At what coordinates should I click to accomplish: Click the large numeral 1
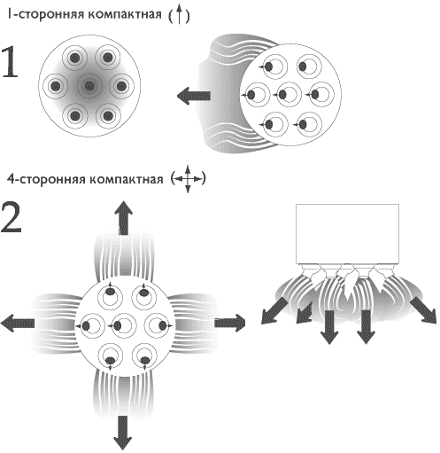click(10, 62)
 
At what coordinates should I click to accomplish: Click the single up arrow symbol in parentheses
click(179, 15)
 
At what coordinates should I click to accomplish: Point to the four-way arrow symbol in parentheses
click(188, 179)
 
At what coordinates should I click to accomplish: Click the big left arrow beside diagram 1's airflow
click(194, 96)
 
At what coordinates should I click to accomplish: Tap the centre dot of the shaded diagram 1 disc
click(89, 86)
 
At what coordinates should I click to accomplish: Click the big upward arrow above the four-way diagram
click(124, 218)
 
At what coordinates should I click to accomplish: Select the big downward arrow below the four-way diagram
click(122, 433)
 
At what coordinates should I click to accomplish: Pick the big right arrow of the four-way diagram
click(230, 323)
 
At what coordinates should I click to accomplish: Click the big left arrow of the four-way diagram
click(18, 323)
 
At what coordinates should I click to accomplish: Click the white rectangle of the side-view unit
click(347, 233)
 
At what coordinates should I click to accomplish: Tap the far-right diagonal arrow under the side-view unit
click(423, 310)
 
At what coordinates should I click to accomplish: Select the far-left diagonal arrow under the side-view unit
click(274, 311)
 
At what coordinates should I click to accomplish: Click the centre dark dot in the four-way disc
click(118, 326)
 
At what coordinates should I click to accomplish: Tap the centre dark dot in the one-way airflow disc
click(282, 95)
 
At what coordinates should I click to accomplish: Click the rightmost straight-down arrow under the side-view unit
click(366, 327)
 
